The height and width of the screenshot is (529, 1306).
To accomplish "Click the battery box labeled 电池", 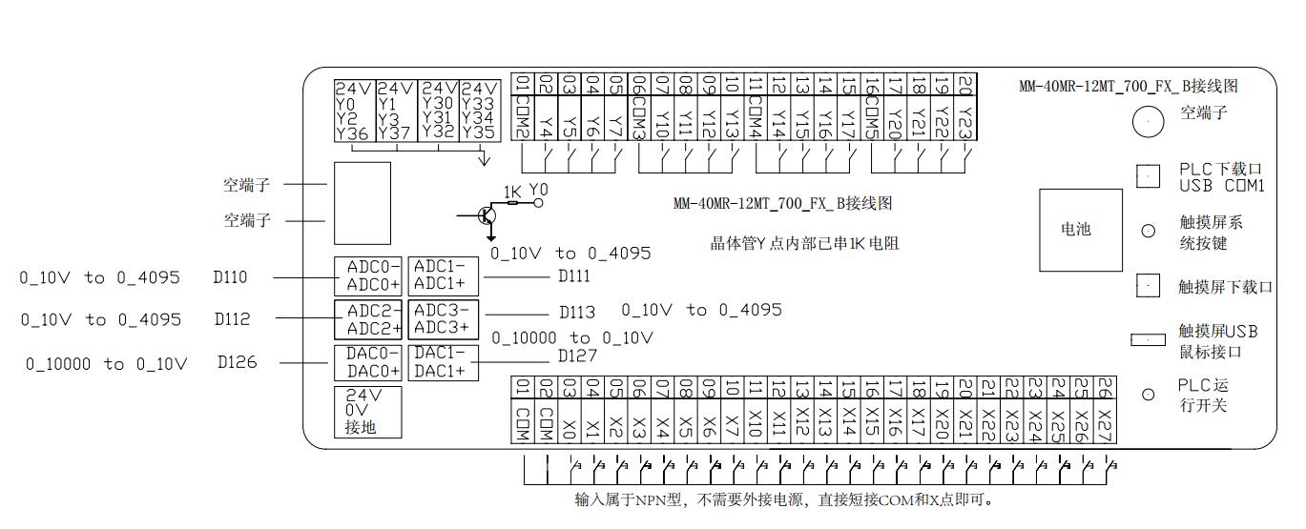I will click(1075, 229).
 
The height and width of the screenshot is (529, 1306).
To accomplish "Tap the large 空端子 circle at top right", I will click(1149, 120).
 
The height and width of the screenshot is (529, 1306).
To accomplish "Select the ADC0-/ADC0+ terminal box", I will click(368, 275).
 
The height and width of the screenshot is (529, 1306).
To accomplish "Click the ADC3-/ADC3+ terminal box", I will click(444, 319).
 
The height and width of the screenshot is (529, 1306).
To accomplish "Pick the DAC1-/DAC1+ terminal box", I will click(444, 362).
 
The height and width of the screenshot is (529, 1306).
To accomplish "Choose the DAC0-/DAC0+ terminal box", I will click(368, 362).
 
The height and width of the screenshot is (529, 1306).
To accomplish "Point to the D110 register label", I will click(231, 277).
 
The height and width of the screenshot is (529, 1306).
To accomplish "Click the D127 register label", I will click(578, 356).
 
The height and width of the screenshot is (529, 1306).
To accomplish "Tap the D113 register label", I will click(577, 312).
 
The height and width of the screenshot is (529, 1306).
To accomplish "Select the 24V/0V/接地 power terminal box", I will click(368, 412).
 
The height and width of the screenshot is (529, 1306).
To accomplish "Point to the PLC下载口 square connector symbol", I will click(1149, 175).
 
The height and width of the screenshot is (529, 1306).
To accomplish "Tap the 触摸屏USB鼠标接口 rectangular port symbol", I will click(1149, 339).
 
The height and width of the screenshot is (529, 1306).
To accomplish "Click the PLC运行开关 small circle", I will click(1149, 395).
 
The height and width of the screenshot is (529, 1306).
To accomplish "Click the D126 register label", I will click(237, 362).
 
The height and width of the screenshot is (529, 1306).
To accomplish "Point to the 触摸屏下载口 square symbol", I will click(1149, 285).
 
